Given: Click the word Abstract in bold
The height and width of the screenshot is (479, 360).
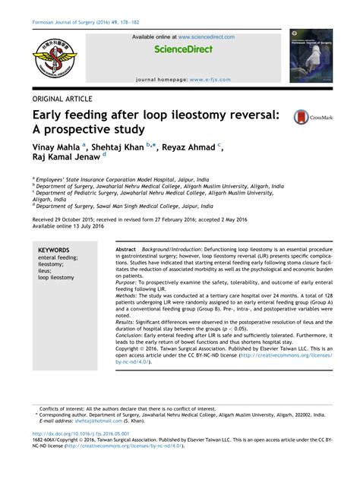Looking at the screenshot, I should tap(125, 250).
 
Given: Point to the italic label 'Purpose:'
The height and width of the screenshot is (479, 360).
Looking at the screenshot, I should tap(128, 282).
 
